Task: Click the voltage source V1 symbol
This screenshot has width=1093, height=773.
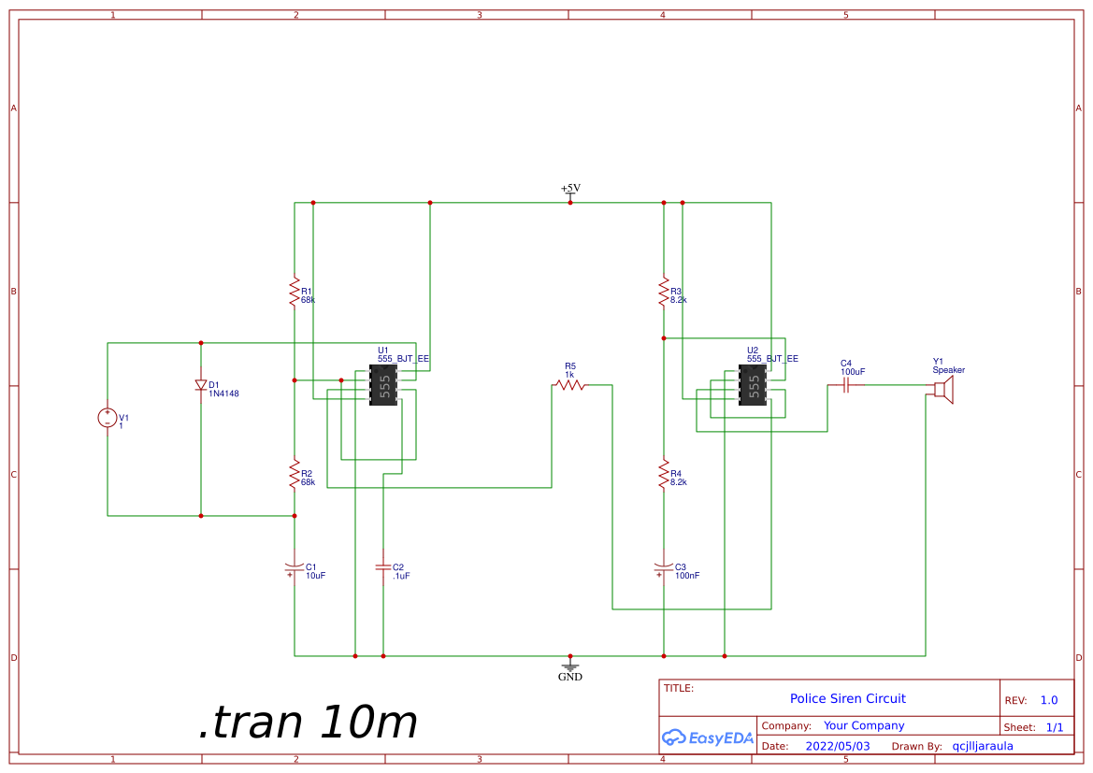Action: click(x=108, y=418)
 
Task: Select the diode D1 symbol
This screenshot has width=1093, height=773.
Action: click(x=201, y=384)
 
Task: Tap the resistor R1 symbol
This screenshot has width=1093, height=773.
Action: click(x=295, y=290)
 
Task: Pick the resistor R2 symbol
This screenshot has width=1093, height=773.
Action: click(x=295, y=473)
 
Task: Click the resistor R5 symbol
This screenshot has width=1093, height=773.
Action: click(x=570, y=384)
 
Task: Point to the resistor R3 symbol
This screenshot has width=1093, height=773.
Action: click(x=663, y=290)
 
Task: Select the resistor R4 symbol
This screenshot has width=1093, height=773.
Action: click(x=663, y=473)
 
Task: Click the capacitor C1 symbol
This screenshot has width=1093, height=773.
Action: click(x=295, y=567)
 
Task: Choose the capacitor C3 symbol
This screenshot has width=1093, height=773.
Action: click(x=663, y=567)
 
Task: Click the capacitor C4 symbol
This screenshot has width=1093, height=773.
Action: click(x=846, y=384)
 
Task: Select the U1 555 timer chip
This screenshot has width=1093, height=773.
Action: click(x=383, y=384)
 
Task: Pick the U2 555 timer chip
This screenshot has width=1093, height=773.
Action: click(x=753, y=384)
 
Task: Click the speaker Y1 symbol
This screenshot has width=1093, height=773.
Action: click(x=942, y=389)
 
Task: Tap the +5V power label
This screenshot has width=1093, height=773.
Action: click(x=570, y=189)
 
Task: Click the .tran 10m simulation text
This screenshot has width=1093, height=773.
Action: click(x=308, y=723)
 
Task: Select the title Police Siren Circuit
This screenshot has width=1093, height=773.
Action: click(x=847, y=698)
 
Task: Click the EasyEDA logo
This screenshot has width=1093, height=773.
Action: click(x=708, y=737)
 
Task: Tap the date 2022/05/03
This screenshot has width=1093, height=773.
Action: click(x=838, y=746)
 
